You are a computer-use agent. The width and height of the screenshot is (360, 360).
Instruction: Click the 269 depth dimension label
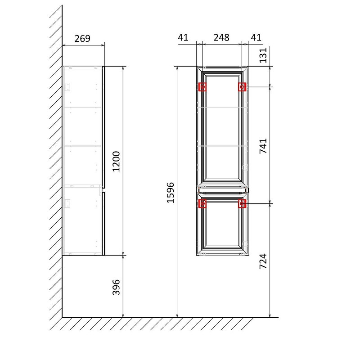point(82,38)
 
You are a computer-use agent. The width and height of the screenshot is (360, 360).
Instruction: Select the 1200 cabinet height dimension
point(116,162)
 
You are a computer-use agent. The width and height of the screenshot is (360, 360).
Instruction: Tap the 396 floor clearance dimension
point(116,287)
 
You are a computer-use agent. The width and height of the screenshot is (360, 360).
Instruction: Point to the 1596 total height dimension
point(171,193)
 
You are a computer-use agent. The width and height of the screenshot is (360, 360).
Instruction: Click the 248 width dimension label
point(221,37)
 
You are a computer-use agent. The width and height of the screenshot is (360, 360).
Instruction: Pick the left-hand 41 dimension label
point(183,37)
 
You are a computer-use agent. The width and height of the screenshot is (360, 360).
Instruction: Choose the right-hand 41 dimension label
point(256,37)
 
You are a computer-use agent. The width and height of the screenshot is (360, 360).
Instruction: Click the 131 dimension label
point(263,55)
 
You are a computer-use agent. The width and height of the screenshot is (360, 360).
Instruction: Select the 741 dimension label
point(263,146)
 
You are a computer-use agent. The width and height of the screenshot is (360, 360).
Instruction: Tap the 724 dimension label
point(263,261)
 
